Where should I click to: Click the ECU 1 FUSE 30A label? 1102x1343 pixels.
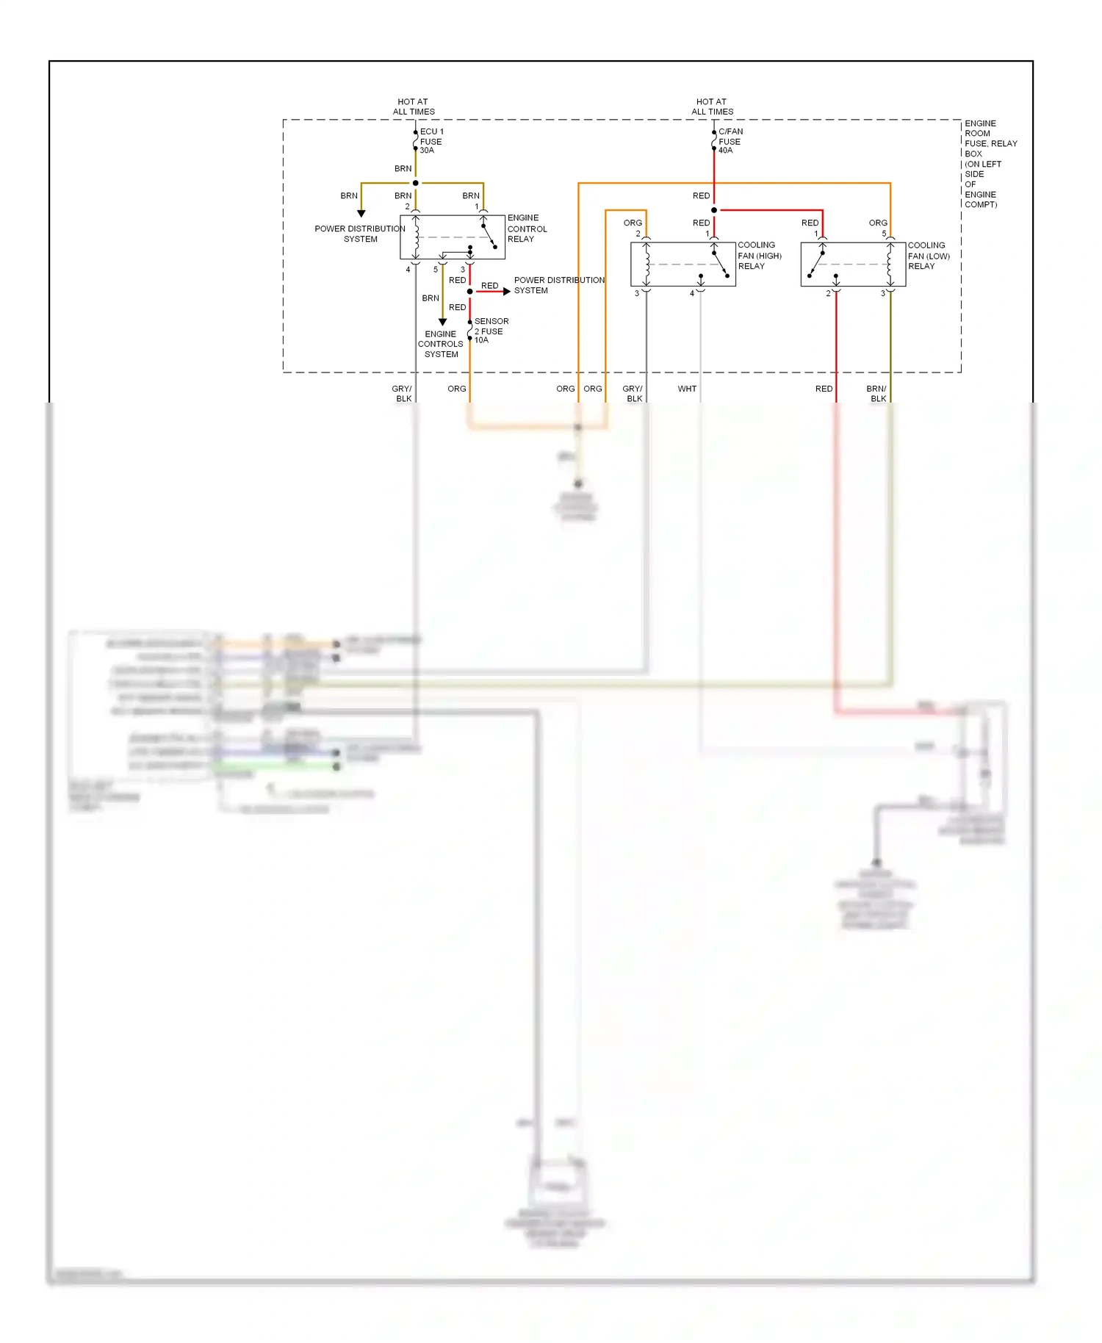[431, 141]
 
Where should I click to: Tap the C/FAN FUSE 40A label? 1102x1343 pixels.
[730, 141]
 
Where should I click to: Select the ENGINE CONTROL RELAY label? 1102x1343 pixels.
[527, 228]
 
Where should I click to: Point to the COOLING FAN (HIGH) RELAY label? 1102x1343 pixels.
[759, 256]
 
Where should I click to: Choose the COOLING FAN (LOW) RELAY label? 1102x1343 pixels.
[929, 256]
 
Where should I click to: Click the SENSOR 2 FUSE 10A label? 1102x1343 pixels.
[491, 331]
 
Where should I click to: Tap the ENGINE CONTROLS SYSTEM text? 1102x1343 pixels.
[441, 344]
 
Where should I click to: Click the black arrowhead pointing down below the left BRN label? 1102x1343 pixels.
[361, 214]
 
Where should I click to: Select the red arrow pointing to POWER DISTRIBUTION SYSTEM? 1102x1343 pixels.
[505, 292]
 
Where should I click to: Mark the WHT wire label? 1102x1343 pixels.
[687, 389]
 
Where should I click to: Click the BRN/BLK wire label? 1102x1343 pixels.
[876, 394]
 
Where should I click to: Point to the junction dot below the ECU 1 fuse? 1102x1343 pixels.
[416, 183]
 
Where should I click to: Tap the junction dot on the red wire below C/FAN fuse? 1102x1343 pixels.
[714, 210]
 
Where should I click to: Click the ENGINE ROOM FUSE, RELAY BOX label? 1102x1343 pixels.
[989, 164]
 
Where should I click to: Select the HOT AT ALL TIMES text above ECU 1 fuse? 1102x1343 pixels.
[414, 107]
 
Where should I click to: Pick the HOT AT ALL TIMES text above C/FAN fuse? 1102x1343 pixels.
[712, 107]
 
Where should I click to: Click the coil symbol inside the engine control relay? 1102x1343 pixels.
[417, 237]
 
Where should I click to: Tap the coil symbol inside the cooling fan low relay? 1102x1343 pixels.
[890, 264]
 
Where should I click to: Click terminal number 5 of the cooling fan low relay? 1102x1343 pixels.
[884, 234]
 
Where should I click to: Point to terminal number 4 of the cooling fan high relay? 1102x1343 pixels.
[691, 294]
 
